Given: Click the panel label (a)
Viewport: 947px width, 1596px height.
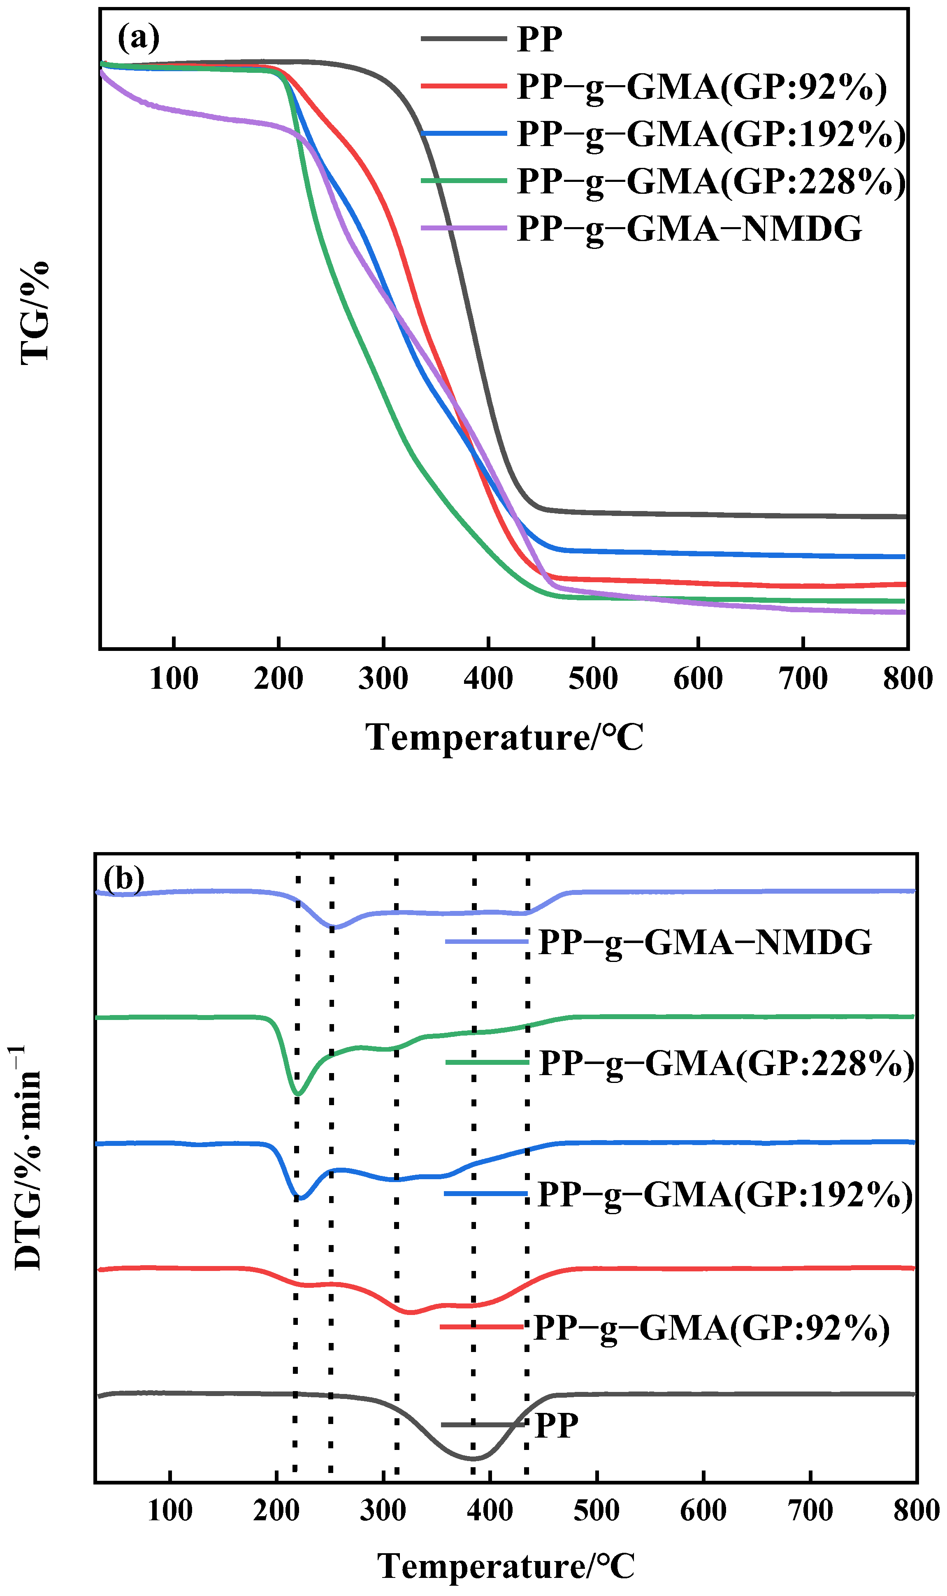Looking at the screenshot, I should pos(139,38).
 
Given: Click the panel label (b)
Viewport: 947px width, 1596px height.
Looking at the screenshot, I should pos(124,879).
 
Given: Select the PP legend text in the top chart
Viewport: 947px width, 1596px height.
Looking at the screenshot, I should pos(539,39).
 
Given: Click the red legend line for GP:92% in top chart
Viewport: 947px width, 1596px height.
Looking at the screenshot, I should pos(464,86).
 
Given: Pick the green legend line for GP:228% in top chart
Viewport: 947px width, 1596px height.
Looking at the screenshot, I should pos(464,181).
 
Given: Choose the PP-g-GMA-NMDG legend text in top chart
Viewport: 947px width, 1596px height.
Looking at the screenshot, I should pos(689,228).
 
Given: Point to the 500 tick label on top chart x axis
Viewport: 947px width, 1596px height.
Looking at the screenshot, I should pos(593,678).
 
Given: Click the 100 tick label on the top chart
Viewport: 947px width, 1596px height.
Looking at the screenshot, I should pos(174,678).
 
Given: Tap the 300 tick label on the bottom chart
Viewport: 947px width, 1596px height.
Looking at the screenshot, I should pos(383,1510).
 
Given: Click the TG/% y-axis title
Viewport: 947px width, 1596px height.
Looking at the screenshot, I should pos(35,313).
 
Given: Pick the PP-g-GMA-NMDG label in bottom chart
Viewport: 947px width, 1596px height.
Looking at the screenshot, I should pos(705,942).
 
